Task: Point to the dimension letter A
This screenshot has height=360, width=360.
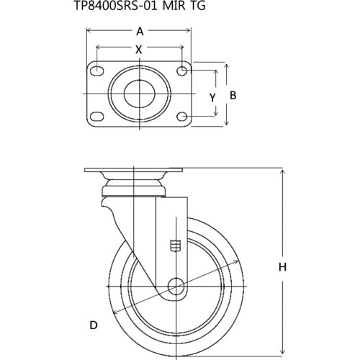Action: click(x=139, y=31)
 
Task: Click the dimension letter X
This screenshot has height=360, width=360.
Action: click(x=139, y=50)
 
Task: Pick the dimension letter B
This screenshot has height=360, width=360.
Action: click(x=233, y=95)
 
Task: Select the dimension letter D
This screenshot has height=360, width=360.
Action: click(x=93, y=326)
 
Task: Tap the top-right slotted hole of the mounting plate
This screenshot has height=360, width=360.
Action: click(x=183, y=71)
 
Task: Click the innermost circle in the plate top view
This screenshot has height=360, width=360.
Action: click(x=139, y=94)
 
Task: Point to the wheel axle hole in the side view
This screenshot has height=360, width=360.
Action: click(x=174, y=285)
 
